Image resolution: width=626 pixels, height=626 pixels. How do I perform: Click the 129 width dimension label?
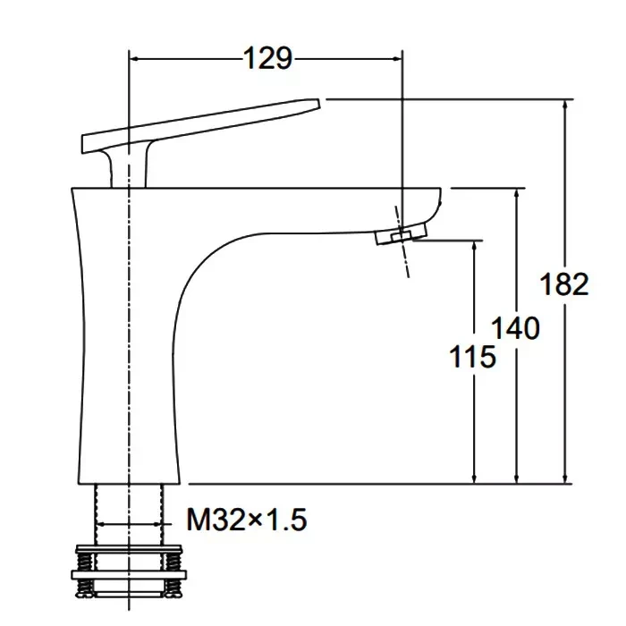pyautogui.click(x=267, y=59)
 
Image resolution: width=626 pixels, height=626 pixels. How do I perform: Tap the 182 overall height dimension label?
pyautogui.click(x=564, y=283)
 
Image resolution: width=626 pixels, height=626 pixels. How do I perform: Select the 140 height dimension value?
pyautogui.click(x=515, y=328)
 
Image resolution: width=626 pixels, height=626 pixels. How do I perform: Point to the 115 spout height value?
pyautogui.click(x=473, y=356)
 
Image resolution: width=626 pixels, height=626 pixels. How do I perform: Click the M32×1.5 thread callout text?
pyautogui.click(x=247, y=520)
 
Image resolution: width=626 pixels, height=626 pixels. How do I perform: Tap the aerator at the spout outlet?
pyautogui.click(x=402, y=234)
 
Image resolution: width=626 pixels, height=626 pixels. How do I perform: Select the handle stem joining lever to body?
pyautogui.click(x=127, y=167)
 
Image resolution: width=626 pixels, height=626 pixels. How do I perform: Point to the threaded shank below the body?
pyautogui.click(x=129, y=515)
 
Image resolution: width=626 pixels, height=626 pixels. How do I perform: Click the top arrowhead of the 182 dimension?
pyautogui.click(x=565, y=104)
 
